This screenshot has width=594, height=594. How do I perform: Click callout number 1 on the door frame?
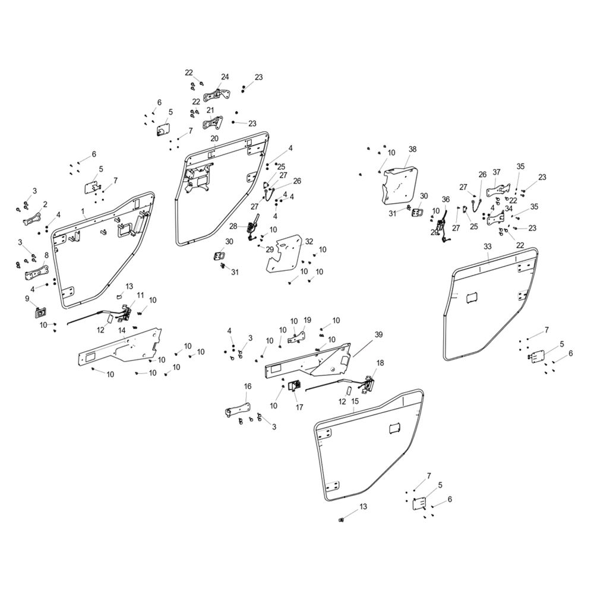pyautogui.click(x=83, y=211)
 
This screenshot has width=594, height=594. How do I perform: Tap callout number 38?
pyautogui.click(x=413, y=149)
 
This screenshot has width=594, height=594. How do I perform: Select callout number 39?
pyautogui.click(x=378, y=334)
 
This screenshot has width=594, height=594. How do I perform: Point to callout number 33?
pyautogui.click(x=488, y=247)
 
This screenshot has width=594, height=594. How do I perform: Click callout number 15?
pyautogui.click(x=355, y=401)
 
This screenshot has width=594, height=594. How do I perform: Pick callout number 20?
pyautogui.click(x=214, y=138)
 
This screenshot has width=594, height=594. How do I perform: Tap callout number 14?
pyautogui.click(x=122, y=330)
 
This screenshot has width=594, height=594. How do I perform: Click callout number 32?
pyautogui.click(x=309, y=241)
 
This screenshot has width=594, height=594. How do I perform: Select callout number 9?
pyautogui.click(x=27, y=299)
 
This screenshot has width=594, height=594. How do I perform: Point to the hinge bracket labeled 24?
pyautogui.click(x=217, y=94)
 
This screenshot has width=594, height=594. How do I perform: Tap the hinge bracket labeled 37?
pyautogui.click(x=495, y=190)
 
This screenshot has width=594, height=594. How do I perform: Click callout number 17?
pyautogui.click(x=299, y=407)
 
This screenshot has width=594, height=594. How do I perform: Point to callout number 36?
pyautogui.click(x=445, y=199)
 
